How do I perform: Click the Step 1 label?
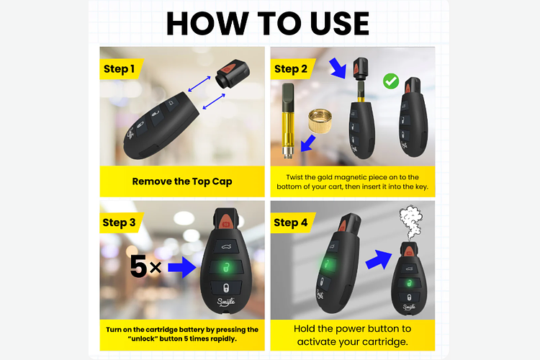click(119, 69)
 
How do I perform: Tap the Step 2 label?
click(291, 69)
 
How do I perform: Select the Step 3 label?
click(119, 222)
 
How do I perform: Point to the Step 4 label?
click(290, 222)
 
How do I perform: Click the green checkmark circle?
click(391, 81)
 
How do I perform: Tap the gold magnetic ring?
click(320, 121)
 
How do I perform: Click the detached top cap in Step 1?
click(233, 73)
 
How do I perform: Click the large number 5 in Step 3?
click(139, 266)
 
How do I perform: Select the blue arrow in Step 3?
click(182, 267)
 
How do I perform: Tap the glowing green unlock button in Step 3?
click(226, 267)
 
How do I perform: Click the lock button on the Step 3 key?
click(226, 288)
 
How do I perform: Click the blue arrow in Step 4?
click(379, 259)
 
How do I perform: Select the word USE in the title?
click(340, 24)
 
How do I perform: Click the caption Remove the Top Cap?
click(182, 181)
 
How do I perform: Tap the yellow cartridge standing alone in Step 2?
click(288, 120)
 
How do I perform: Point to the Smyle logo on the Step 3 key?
click(226, 302)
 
